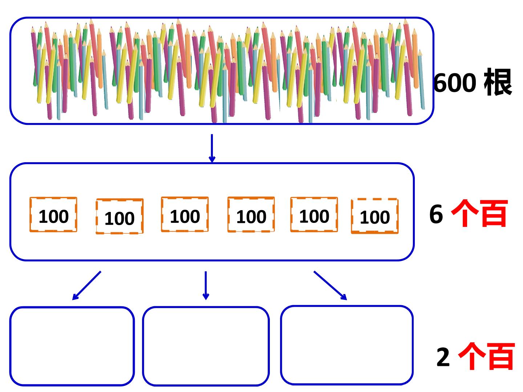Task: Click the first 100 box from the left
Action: click(x=53, y=215)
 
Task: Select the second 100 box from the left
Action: click(x=119, y=216)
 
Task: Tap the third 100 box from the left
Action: click(x=185, y=214)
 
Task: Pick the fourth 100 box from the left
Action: click(x=251, y=215)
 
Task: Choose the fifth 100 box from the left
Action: click(x=314, y=215)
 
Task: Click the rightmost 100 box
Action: click(x=375, y=216)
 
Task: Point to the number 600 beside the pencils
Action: click(x=455, y=82)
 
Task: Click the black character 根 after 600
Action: click(x=498, y=82)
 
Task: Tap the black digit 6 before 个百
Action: click(x=436, y=214)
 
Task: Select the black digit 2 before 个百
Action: click(x=443, y=357)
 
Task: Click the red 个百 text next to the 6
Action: click(x=479, y=213)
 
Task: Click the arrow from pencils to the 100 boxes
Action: click(x=212, y=148)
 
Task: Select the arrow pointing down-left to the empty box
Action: click(x=86, y=286)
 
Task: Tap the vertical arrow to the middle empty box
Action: click(x=206, y=286)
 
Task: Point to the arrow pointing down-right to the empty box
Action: click(x=330, y=286)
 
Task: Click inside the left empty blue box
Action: click(x=72, y=346)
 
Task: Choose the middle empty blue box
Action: click(x=206, y=346)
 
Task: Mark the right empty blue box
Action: click(x=347, y=345)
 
